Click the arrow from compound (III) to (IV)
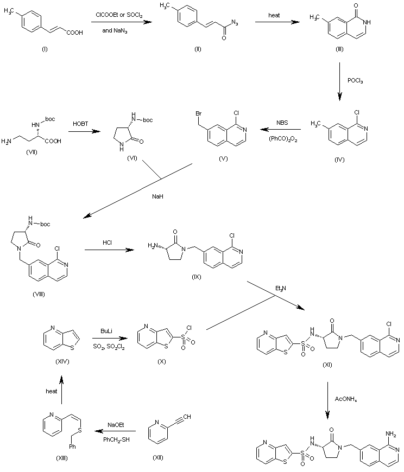click(x=339, y=81)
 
